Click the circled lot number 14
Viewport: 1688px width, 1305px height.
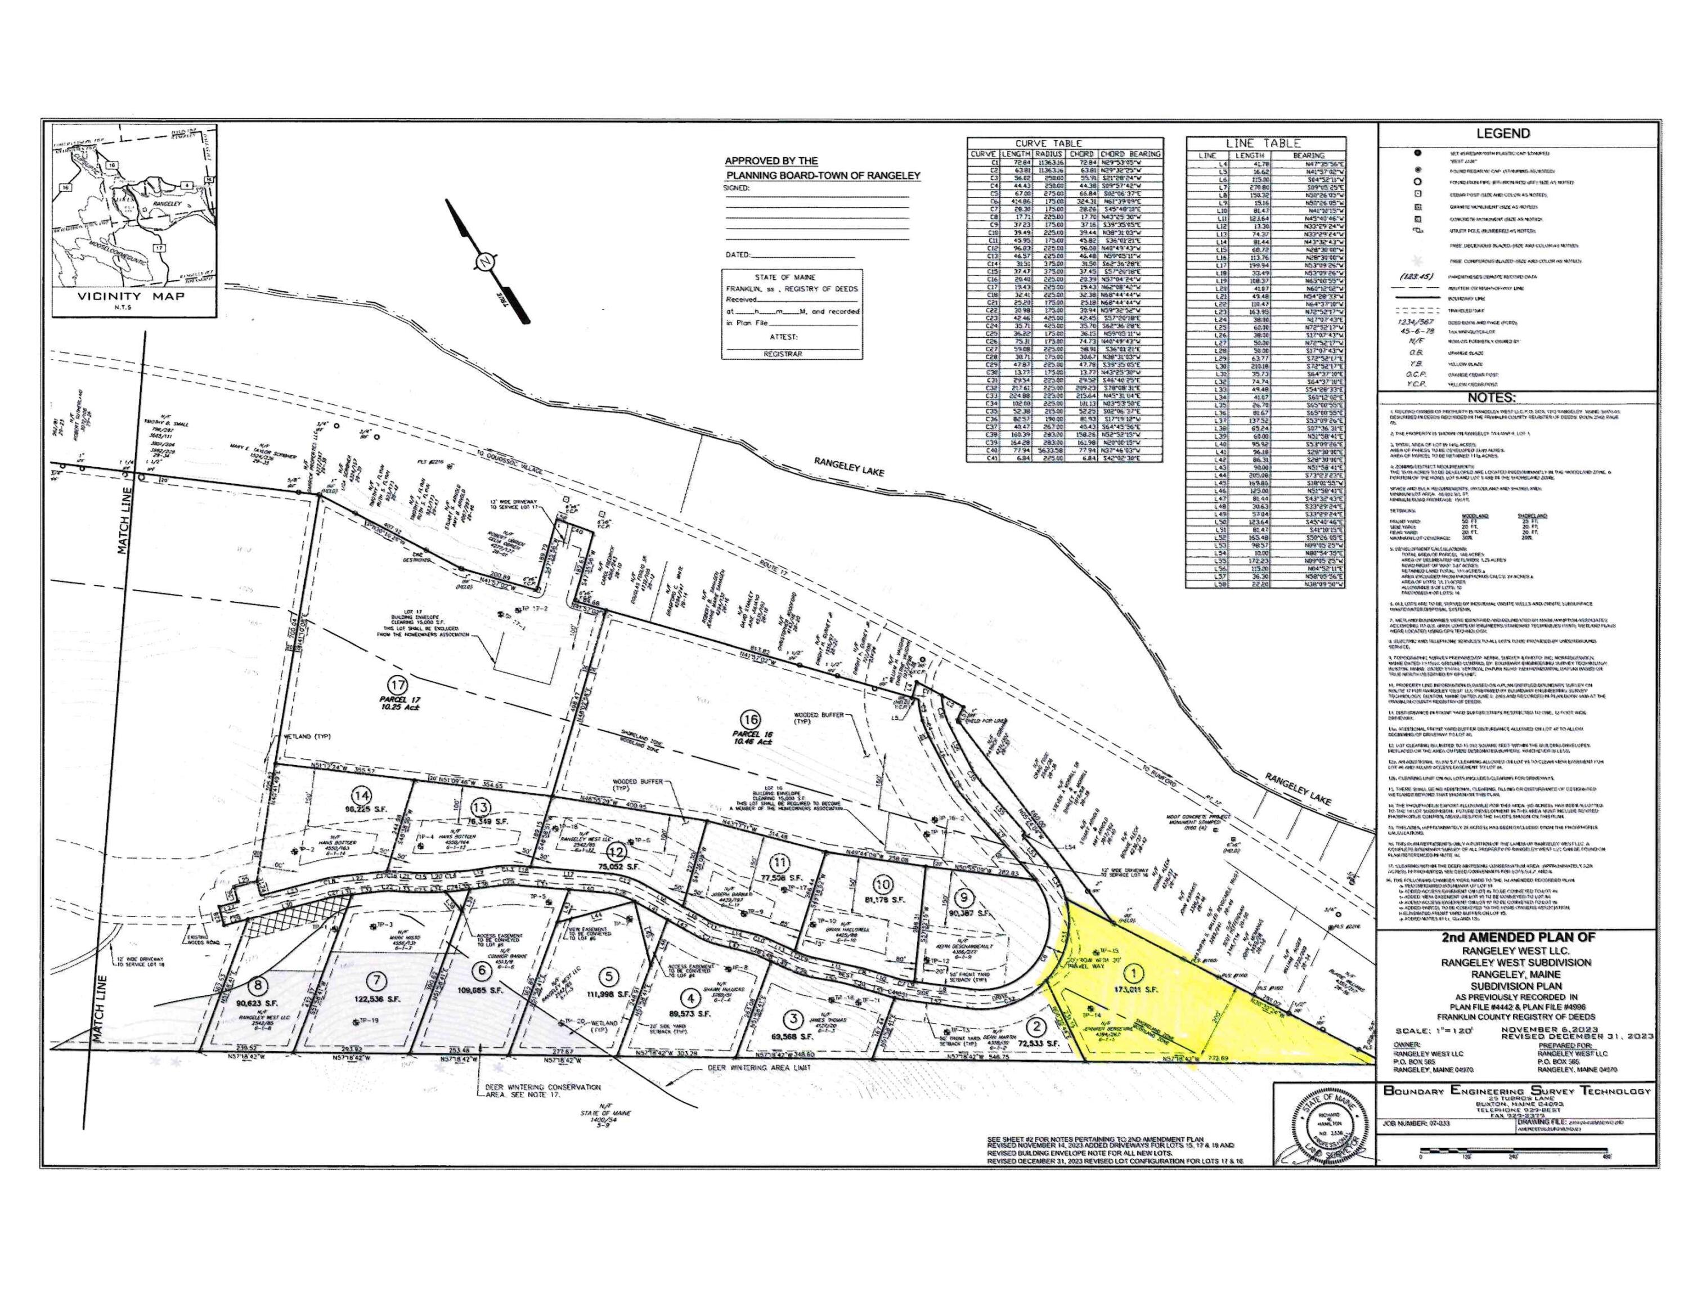point(361,795)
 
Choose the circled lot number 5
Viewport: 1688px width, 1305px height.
point(610,976)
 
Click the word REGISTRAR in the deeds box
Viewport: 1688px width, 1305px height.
point(782,354)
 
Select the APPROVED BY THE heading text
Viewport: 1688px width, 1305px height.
point(771,161)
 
